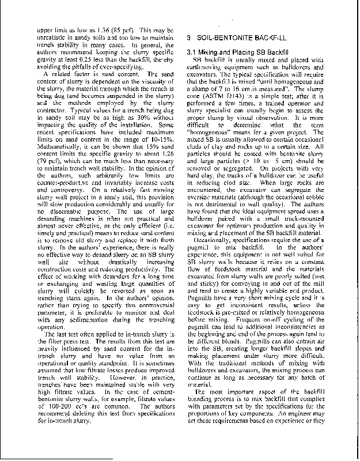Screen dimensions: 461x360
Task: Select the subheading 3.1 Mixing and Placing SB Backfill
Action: (x=238, y=53)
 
